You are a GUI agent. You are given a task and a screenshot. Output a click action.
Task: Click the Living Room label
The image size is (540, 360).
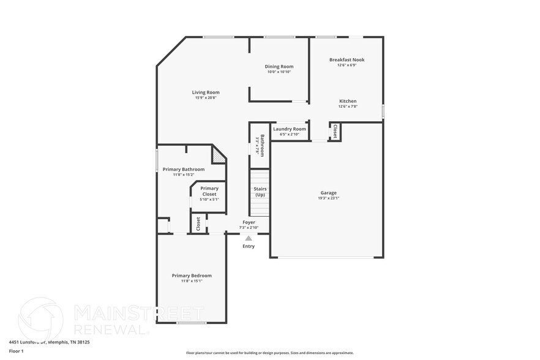tap(206, 92)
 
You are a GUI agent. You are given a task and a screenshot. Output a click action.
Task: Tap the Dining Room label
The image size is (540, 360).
tap(279, 66)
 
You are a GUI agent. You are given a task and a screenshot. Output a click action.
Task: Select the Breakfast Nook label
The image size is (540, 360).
tap(347, 59)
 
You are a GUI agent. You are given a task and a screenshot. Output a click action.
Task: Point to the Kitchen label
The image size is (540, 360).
tap(347, 101)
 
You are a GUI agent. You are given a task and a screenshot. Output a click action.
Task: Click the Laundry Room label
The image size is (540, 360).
tap(289, 129)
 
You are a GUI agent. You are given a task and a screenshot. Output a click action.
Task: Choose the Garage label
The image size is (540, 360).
tap(328, 193)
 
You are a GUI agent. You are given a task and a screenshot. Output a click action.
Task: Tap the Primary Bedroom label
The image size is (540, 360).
tap(192, 276)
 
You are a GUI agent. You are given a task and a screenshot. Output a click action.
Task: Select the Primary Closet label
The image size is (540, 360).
tap(209, 191)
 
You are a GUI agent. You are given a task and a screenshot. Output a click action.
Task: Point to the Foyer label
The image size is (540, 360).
tap(249, 222)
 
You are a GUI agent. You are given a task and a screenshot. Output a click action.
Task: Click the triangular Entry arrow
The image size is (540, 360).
tap(248, 238)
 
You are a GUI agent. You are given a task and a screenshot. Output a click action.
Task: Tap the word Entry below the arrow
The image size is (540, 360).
tap(249, 246)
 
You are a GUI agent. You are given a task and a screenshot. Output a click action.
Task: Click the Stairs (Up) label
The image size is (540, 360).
tap(260, 192)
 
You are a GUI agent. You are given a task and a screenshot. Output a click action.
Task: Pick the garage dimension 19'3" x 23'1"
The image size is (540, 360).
tap(328, 198)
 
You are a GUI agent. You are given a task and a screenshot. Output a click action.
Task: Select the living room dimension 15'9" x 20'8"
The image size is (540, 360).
tap(206, 98)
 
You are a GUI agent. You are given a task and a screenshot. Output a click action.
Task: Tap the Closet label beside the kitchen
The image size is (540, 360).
tap(335, 132)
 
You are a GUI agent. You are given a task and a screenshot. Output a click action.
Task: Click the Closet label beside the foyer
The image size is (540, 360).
tap(198, 224)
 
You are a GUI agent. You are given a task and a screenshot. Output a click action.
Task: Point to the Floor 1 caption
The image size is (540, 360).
tap(16, 351)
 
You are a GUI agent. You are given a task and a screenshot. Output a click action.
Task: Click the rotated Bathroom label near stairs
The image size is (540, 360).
tap(261, 145)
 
